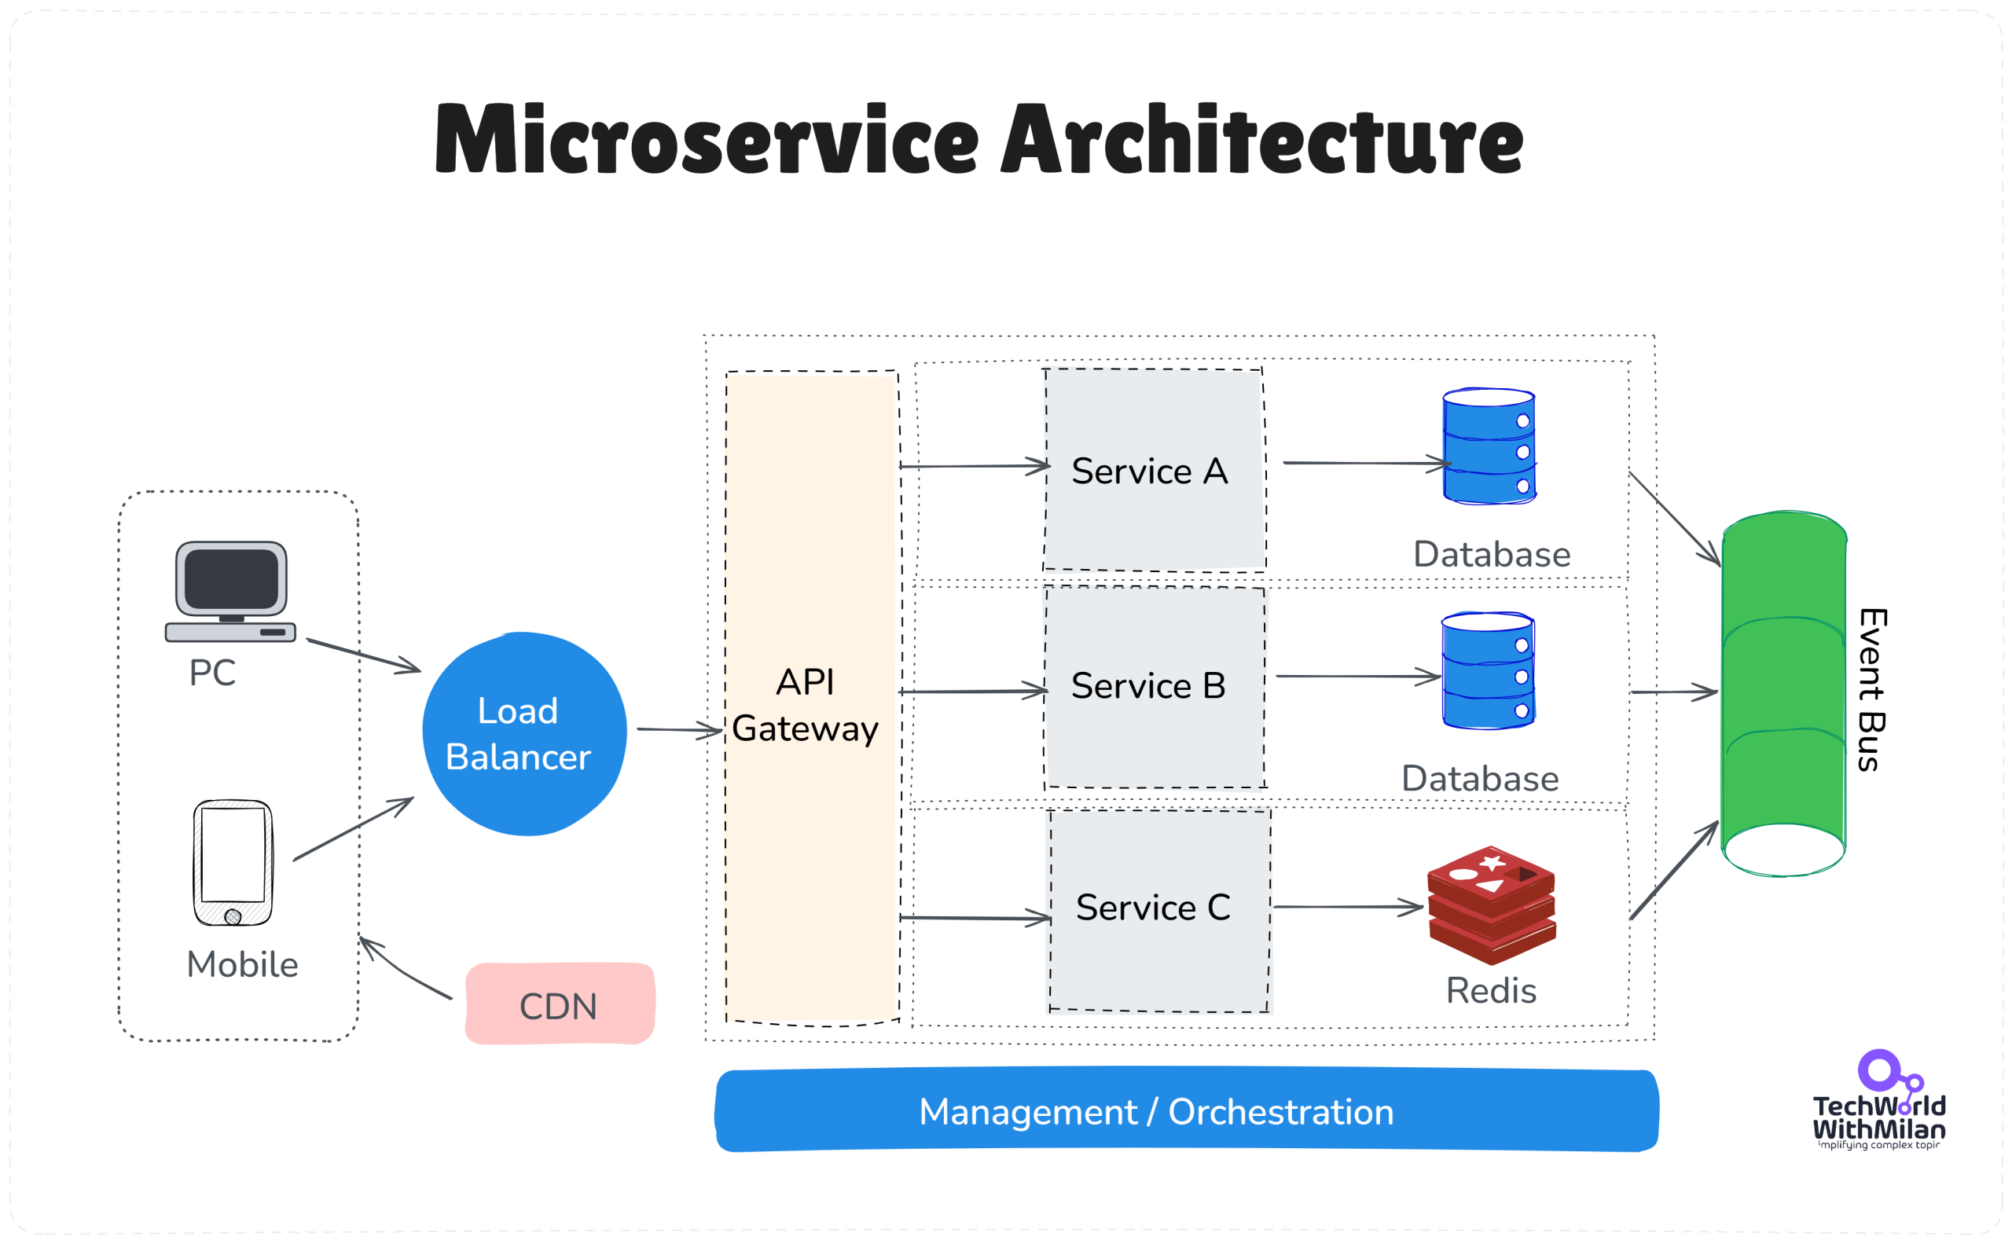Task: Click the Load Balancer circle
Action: pos(524,734)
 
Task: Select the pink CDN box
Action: pos(560,1004)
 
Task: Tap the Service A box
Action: pos(1154,471)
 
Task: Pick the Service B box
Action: pos(1154,687)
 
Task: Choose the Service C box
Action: pos(1158,909)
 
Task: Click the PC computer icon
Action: pos(230,592)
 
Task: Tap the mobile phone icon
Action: pos(233,862)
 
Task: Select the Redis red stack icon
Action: pos(1491,905)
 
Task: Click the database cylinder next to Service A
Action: pos(1489,446)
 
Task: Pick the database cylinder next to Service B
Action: pos(1487,670)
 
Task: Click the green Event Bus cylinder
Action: pos(1783,694)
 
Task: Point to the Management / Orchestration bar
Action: pos(1186,1110)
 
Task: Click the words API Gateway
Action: pos(805,706)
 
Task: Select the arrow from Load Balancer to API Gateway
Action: pos(678,729)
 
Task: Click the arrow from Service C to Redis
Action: pos(1347,907)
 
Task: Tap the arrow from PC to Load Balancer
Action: pos(363,655)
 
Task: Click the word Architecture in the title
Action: pos(1262,140)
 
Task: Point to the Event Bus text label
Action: pos(1871,689)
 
